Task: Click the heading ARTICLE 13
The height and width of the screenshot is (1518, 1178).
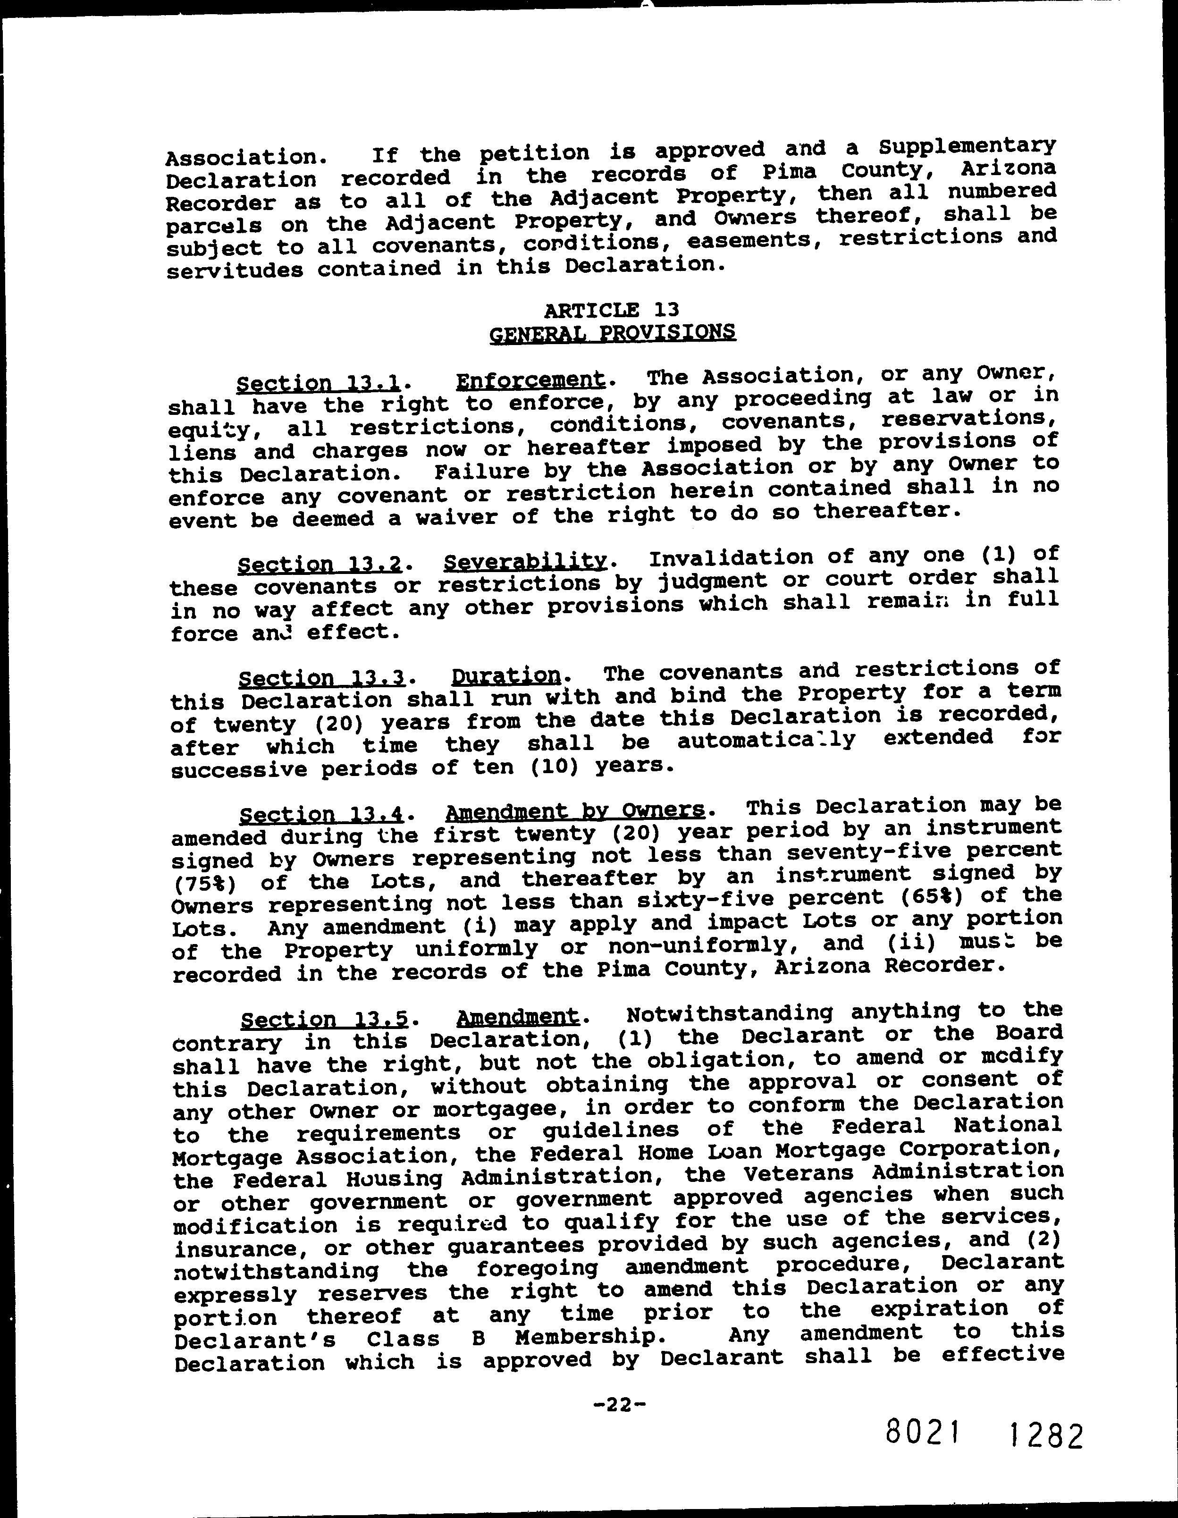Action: (x=612, y=309)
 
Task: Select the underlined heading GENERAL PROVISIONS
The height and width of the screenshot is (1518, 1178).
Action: (x=612, y=332)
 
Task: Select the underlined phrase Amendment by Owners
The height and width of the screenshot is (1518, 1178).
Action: (x=575, y=810)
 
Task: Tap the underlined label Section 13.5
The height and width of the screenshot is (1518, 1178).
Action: (x=324, y=1020)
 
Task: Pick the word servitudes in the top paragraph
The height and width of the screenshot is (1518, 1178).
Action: (x=235, y=270)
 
